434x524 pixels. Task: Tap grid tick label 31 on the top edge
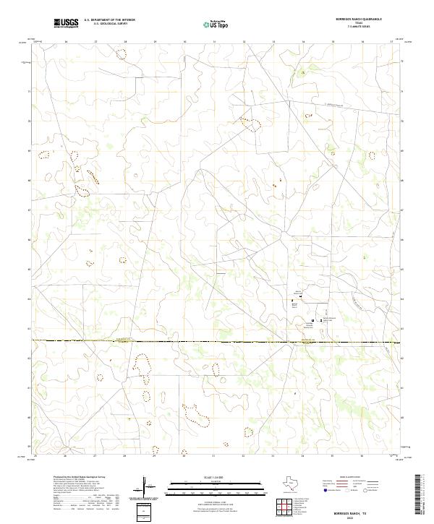coord(214,42)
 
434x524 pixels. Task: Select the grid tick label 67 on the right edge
coord(403,210)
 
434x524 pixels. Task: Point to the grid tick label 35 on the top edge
coord(333,42)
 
